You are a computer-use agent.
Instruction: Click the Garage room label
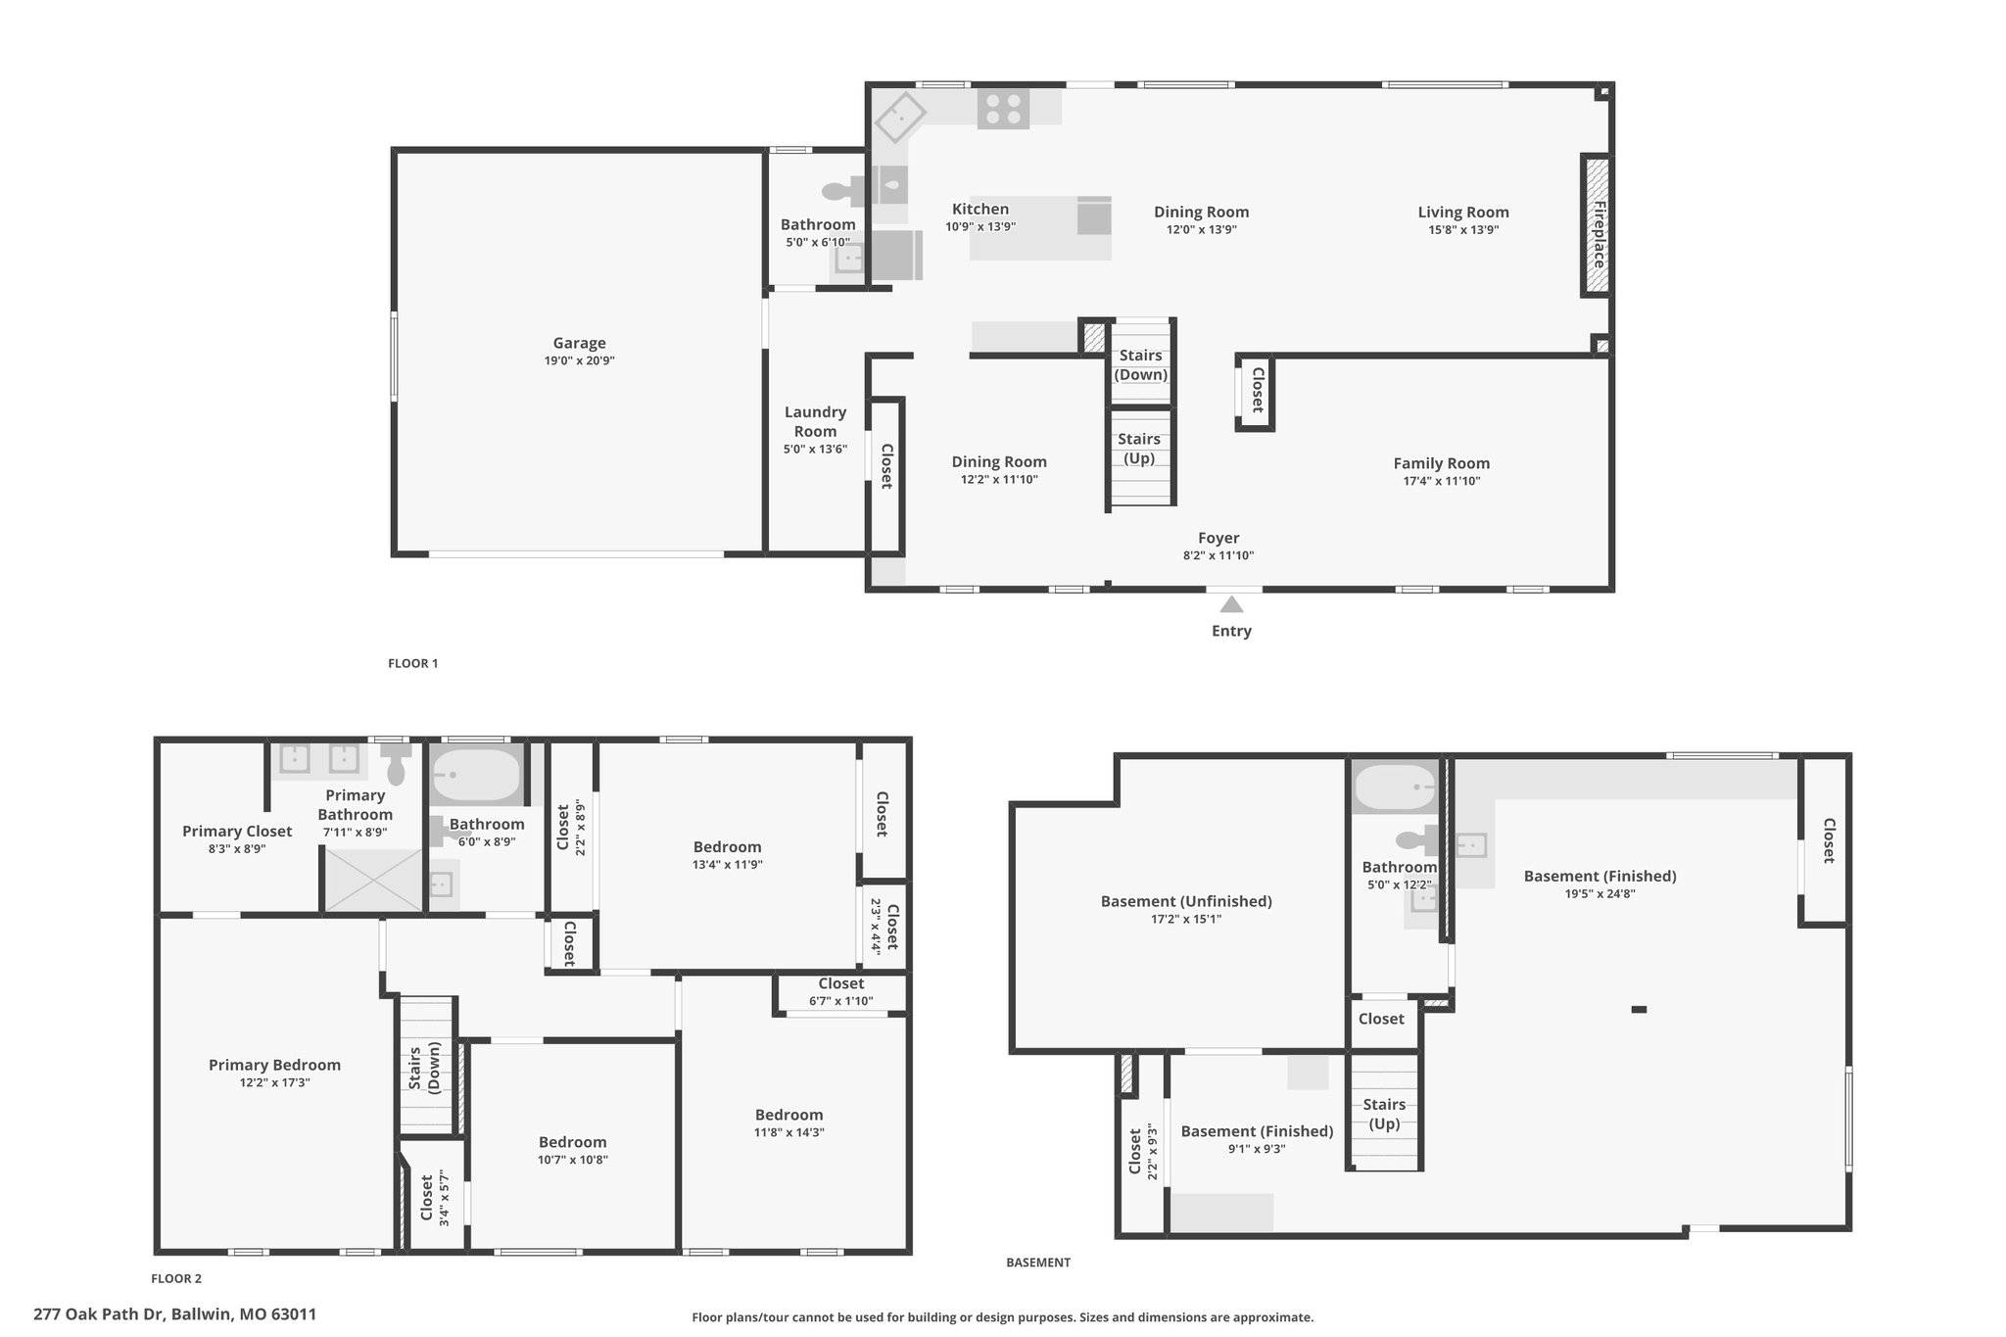pyautogui.click(x=579, y=343)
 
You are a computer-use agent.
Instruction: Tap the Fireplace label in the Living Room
pyautogui.click(x=1599, y=234)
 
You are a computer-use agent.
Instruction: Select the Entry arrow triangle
pyautogui.click(x=1231, y=603)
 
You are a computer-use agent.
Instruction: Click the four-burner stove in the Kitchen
pyautogui.click(x=1003, y=108)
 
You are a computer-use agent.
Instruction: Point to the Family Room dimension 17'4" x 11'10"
pyautogui.click(x=1441, y=481)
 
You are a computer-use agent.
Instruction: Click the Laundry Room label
pyautogui.click(x=815, y=422)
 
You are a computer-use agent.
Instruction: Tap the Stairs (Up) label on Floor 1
pyautogui.click(x=1139, y=449)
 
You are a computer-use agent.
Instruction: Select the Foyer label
pyautogui.click(x=1218, y=538)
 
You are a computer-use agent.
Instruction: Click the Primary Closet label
pyautogui.click(x=237, y=832)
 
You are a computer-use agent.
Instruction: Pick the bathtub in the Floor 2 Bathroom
pyautogui.click(x=476, y=776)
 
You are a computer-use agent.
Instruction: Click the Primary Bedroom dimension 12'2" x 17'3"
pyautogui.click(x=273, y=1082)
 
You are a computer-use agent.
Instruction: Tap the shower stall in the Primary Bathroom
pyautogui.click(x=374, y=879)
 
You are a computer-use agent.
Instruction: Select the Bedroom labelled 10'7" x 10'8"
pyautogui.click(x=572, y=1142)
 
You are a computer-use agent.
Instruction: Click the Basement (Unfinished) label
pyautogui.click(x=1186, y=901)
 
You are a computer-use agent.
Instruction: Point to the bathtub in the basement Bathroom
pyautogui.click(x=1395, y=788)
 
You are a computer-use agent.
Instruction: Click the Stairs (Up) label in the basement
pyautogui.click(x=1384, y=1114)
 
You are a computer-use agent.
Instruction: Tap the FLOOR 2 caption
pyautogui.click(x=176, y=1278)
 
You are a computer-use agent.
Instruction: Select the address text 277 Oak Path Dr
pyautogui.click(x=101, y=1314)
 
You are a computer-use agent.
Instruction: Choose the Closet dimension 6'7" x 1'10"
pyautogui.click(x=841, y=1001)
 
